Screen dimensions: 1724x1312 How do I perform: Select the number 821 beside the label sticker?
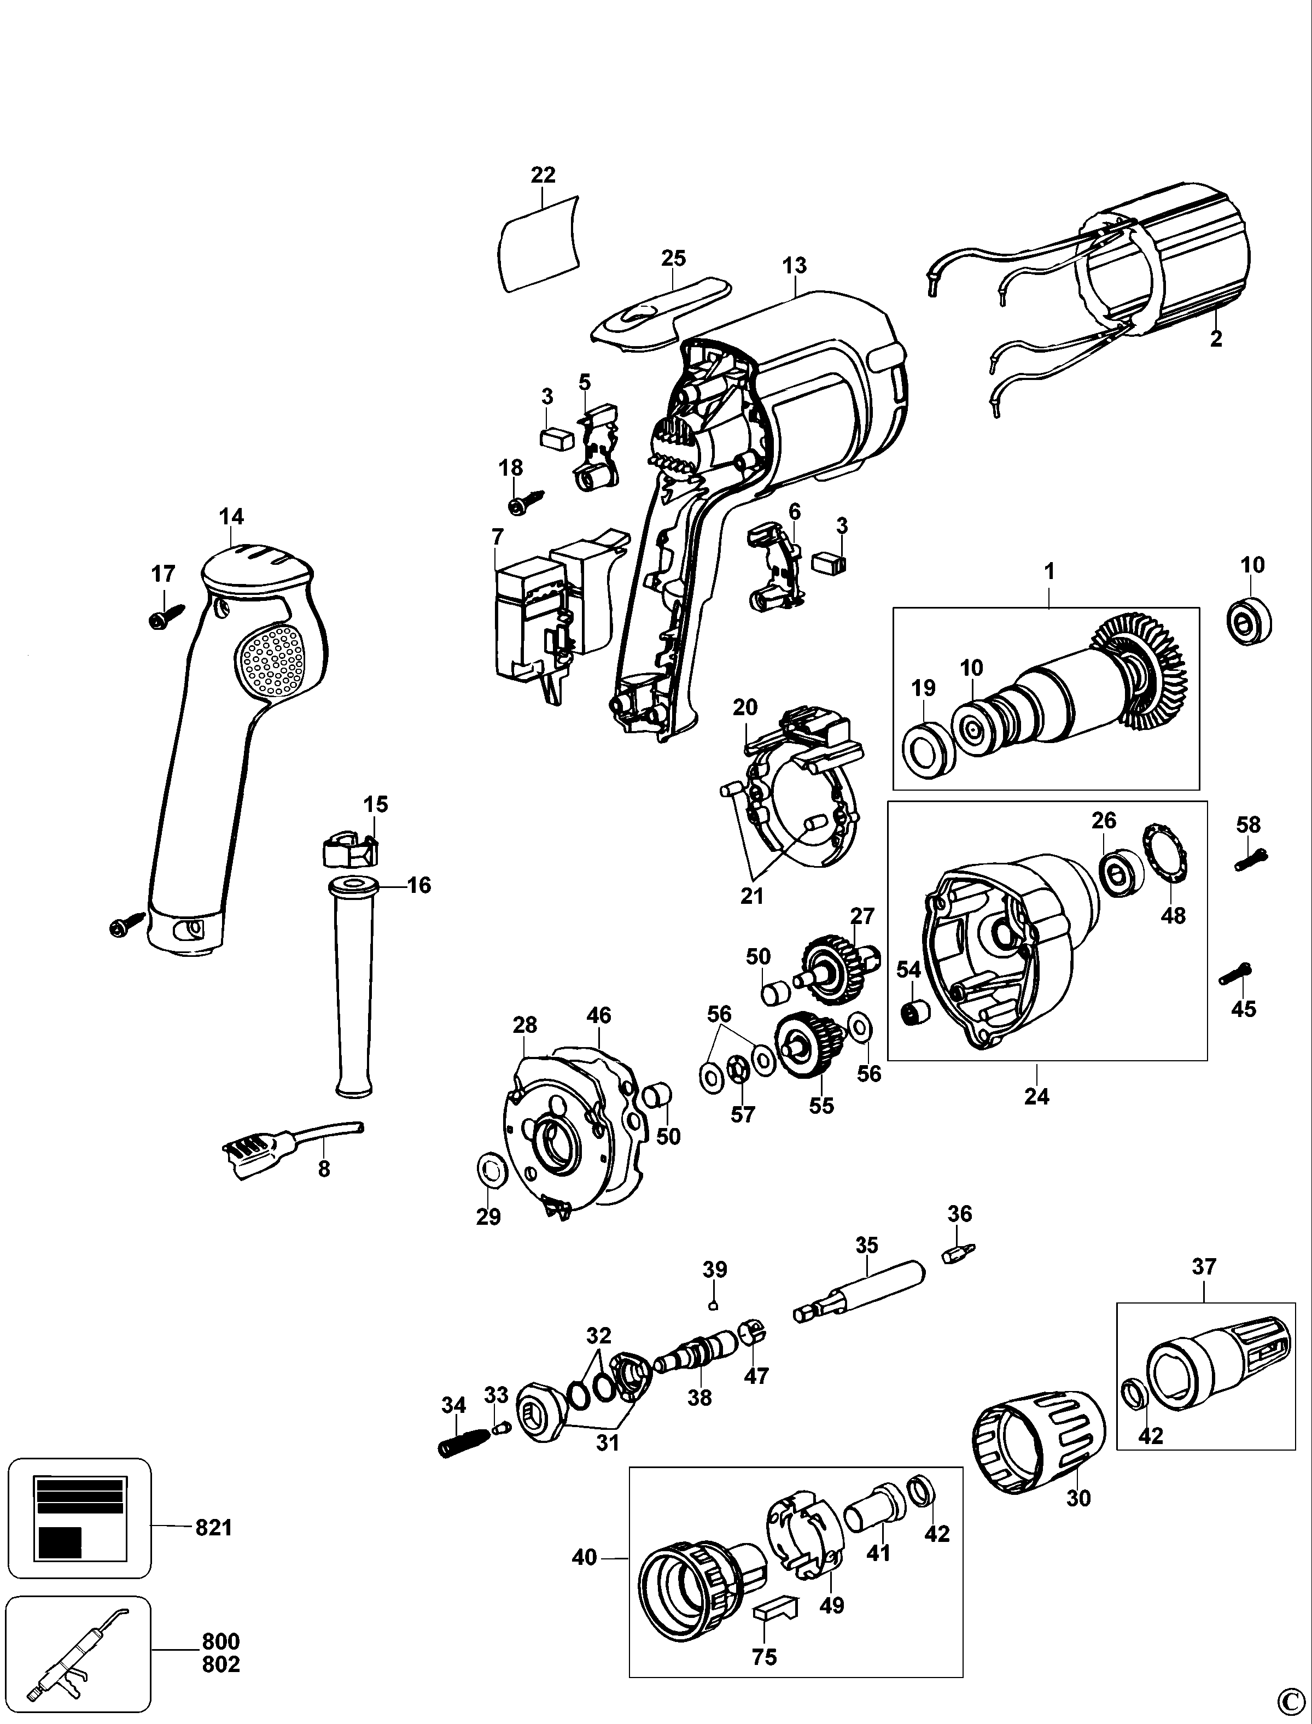(x=213, y=1527)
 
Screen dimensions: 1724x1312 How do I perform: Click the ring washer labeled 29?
(x=489, y=1172)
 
